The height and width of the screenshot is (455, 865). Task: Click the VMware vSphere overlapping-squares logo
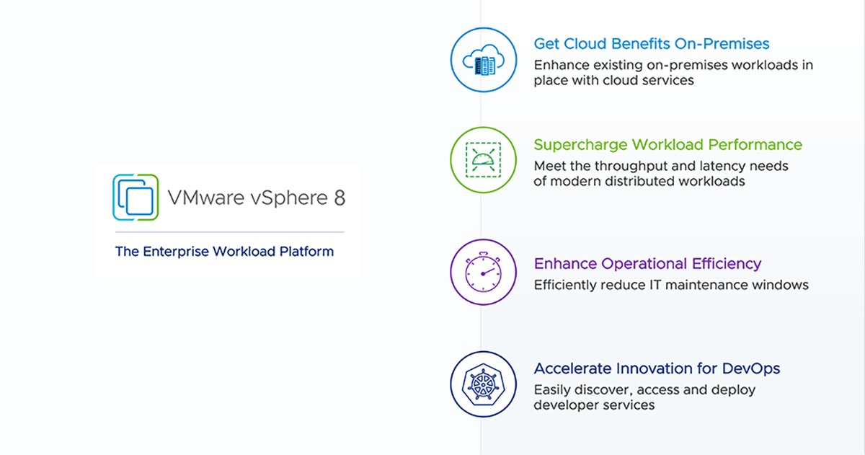click(x=136, y=197)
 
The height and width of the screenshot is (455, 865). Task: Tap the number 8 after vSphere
click(x=339, y=198)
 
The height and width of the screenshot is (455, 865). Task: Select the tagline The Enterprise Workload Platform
click(x=224, y=252)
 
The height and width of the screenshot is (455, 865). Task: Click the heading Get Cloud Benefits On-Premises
click(x=652, y=44)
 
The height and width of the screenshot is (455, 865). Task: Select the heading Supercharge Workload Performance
click(x=667, y=145)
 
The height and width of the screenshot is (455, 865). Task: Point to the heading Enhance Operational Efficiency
click(x=647, y=264)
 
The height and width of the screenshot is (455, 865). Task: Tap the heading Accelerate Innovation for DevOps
click(x=657, y=369)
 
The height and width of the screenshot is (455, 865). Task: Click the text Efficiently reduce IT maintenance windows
click(x=671, y=285)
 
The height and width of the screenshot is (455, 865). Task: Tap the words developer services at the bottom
click(x=594, y=405)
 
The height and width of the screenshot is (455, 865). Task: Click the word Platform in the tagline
click(x=307, y=252)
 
